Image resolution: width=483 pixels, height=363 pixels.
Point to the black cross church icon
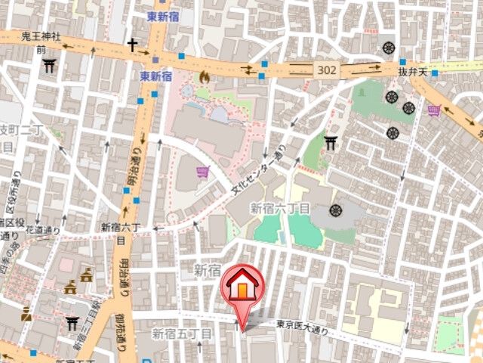tap(133, 45)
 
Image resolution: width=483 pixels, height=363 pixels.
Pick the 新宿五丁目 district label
tap(182, 334)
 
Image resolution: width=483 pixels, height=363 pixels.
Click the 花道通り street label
tap(44, 230)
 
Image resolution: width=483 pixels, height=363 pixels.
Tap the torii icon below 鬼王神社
tap(50, 66)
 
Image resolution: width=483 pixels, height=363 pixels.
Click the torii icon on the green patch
tap(331, 142)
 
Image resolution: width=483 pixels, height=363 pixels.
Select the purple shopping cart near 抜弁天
tap(434, 111)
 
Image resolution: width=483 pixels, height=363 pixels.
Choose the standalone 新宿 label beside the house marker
tap(207, 269)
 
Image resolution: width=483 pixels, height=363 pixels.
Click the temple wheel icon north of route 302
tap(389, 47)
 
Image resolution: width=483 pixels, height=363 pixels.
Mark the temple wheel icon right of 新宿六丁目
tap(335, 210)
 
